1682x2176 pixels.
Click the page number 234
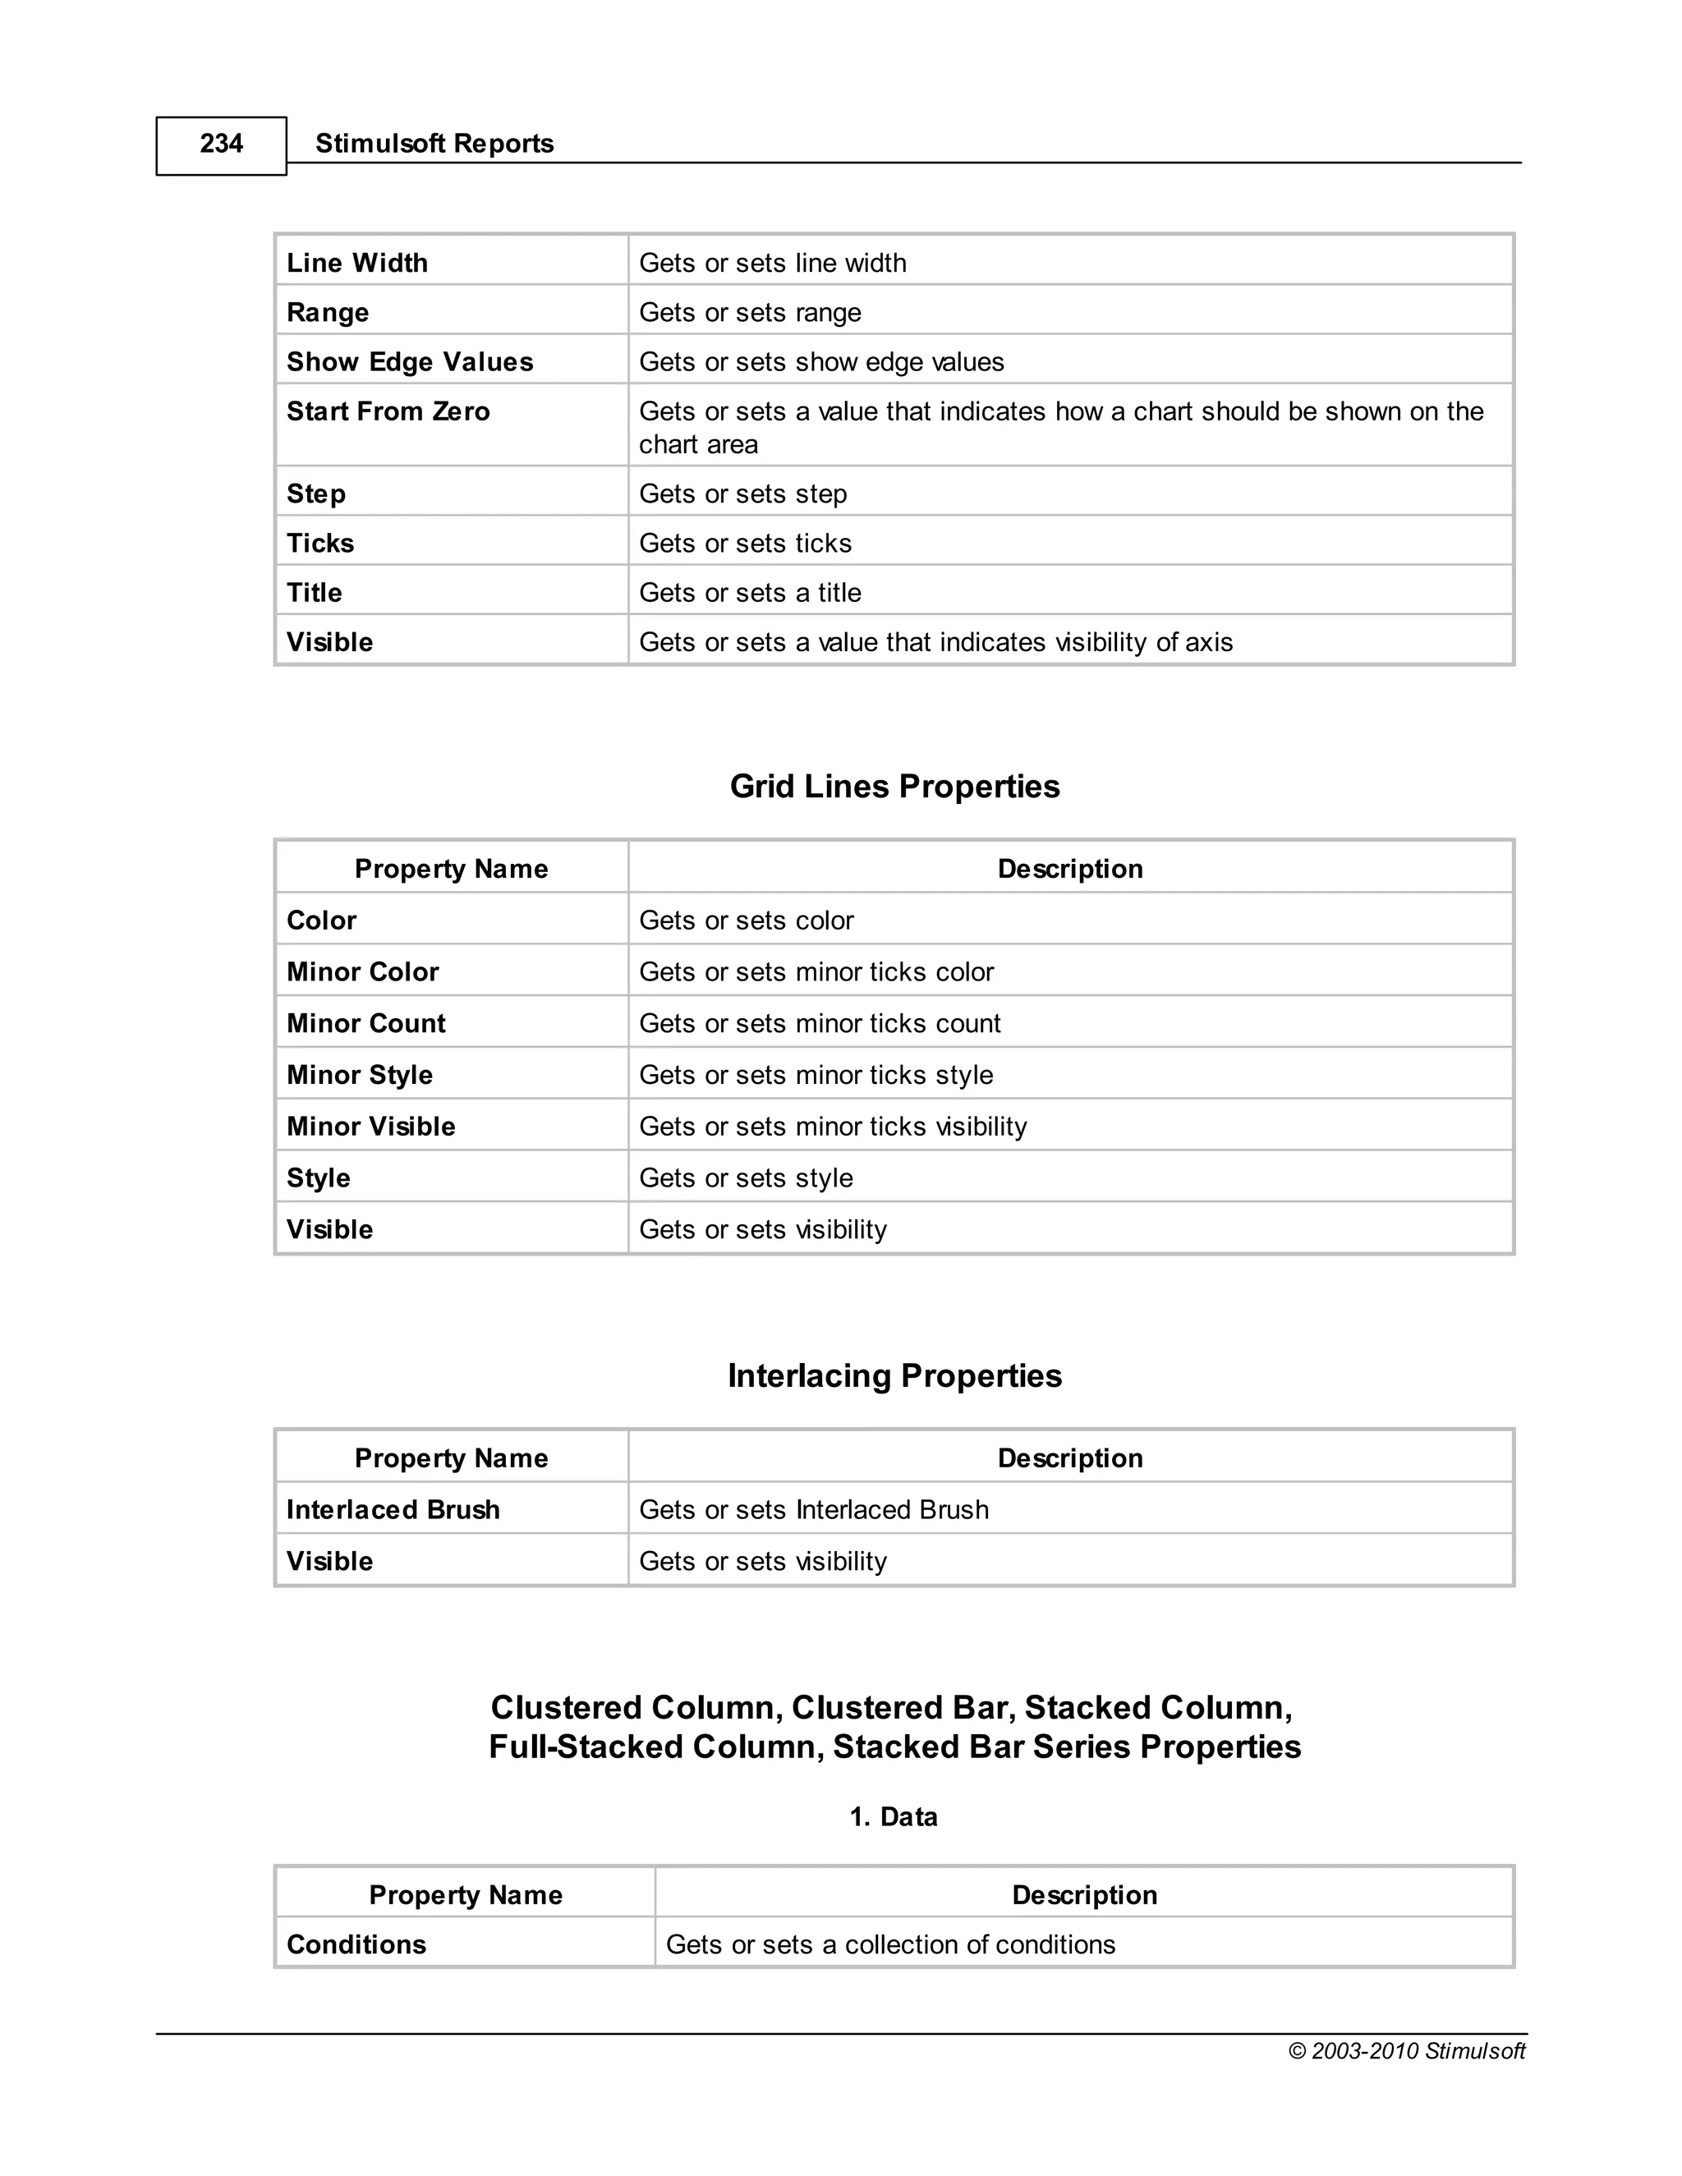(221, 145)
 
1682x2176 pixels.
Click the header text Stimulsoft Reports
(434, 145)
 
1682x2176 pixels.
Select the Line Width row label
(356, 263)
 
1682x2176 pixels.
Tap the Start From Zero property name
(388, 411)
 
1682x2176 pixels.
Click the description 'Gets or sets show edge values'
(821, 361)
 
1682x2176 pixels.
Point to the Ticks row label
(319, 543)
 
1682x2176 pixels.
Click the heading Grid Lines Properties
(894, 786)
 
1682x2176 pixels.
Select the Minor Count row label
(365, 1023)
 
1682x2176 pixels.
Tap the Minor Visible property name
(370, 1127)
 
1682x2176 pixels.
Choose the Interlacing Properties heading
(894, 1376)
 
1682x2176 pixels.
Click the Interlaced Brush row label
(393, 1509)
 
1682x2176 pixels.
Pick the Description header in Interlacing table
(1069, 1458)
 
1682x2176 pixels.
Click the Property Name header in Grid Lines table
(452, 869)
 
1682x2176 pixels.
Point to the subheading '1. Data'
(893, 1816)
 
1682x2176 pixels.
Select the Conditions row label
(356, 1944)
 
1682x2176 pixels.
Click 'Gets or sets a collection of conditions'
(889, 1944)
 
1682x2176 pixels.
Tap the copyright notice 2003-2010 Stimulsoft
(1406, 2050)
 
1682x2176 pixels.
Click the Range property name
(328, 313)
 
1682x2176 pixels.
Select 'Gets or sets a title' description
(749, 593)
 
